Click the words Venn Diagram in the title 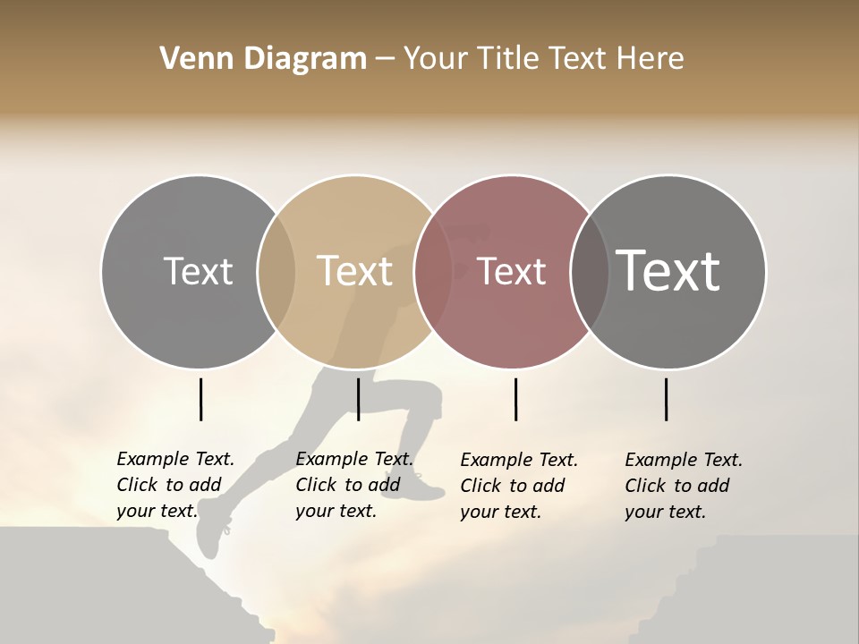[x=263, y=59]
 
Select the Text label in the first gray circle [x=198, y=271]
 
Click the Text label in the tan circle [x=355, y=271]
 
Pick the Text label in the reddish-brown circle [x=512, y=271]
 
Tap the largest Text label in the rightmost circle [x=668, y=270]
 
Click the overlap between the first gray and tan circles [x=276, y=272]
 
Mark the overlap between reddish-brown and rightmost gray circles [x=590, y=272]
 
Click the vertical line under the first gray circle [x=200, y=399]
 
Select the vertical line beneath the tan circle [x=358, y=399]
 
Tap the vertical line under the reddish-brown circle [x=515, y=399]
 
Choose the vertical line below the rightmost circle [x=666, y=399]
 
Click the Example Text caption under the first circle [x=174, y=485]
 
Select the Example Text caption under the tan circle [x=353, y=485]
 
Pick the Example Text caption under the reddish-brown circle [x=518, y=486]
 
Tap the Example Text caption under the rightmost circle [x=683, y=486]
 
